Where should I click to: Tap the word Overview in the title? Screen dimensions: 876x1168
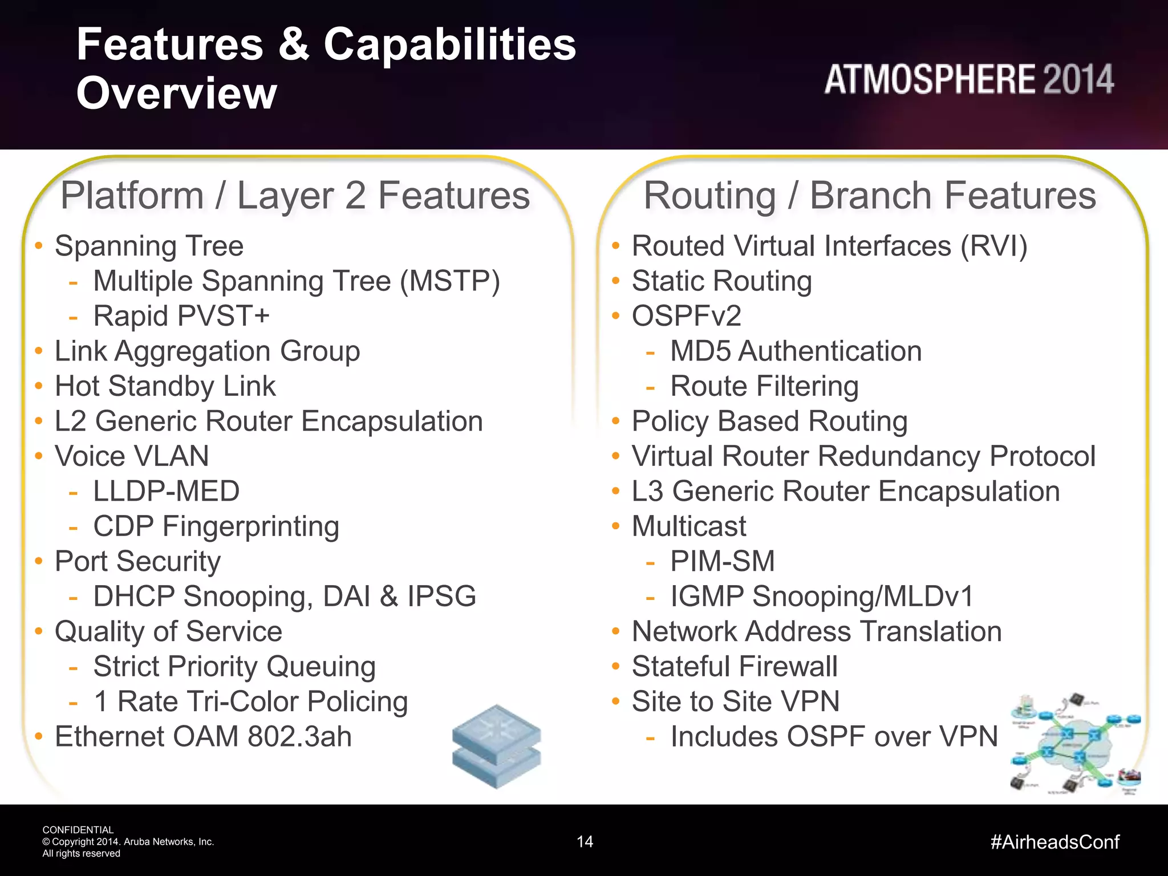click(x=177, y=93)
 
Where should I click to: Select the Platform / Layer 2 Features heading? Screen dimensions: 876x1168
click(x=295, y=196)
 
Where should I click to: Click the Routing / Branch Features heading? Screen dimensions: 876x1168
click(x=869, y=196)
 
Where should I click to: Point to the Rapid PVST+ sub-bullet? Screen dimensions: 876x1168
click(x=181, y=316)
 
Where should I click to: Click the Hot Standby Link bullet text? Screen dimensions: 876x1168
click(x=165, y=386)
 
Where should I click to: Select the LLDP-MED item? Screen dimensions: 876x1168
click(x=166, y=491)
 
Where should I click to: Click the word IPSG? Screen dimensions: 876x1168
click(x=441, y=597)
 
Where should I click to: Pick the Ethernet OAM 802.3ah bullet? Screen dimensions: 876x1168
click(x=203, y=736)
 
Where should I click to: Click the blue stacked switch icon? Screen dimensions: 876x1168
click(x=496, y=747)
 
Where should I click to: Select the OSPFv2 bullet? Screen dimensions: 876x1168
click(x=686, y=316)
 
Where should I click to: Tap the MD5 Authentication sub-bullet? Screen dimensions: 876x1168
click(x=796, y=351)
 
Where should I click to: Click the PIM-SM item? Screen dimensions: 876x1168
click(x=722, y=561)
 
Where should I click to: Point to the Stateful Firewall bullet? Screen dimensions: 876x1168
click(x=735, y=666)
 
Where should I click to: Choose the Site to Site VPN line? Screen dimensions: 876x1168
click(x=736, y=701)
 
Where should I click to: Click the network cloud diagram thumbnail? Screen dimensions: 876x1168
click(x=1074, y=744)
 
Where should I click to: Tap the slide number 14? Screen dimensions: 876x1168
click(x=585, y=842)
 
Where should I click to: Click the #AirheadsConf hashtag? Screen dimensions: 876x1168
click(x=1055, y=842)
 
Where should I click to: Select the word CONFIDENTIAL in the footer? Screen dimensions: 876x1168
click(x=78, y=830)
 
